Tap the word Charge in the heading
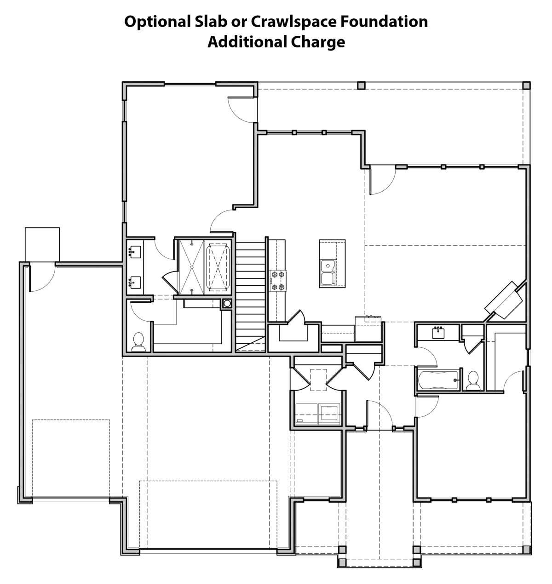[318, 43]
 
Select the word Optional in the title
[157, 22]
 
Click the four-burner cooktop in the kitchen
[278, 281]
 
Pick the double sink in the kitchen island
[328, 272]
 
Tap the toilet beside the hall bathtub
[473, 381]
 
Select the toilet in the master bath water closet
[138, 342]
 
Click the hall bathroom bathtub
[438, 380]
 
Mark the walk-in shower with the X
[192, 267]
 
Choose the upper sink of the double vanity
[134, 252]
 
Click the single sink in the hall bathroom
[438, 333]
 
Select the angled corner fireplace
[504, 300]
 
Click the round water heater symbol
[227, 303]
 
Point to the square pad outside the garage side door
[42, 244]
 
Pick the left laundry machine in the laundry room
[306, 414]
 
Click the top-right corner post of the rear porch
[526, 86]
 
